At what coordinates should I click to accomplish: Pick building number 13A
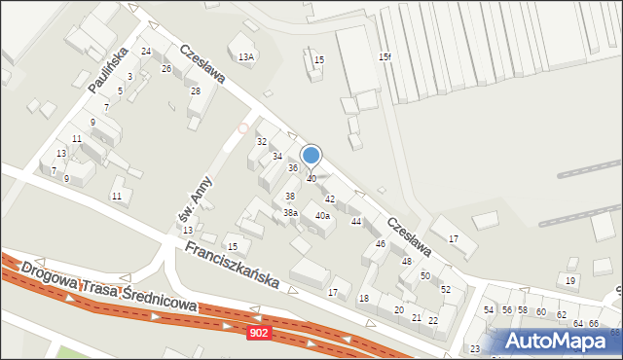coord(246,57)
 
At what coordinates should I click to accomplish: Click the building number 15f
coord(385,57)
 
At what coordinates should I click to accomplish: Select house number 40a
coord(322,216)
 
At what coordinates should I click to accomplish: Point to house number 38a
coord(290,212)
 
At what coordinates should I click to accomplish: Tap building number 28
coord(195,91)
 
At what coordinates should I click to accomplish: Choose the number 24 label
coord(146,51)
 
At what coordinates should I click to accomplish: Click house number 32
coord(262,142)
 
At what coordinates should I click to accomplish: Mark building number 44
coord(356,222)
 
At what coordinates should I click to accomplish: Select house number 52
coord(446,290)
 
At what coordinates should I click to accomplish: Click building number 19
coord(570,281)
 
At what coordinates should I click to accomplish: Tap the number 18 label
coord(364,298)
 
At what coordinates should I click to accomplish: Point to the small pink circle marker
coord(243,127)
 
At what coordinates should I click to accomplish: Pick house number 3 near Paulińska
coord(129,76)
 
